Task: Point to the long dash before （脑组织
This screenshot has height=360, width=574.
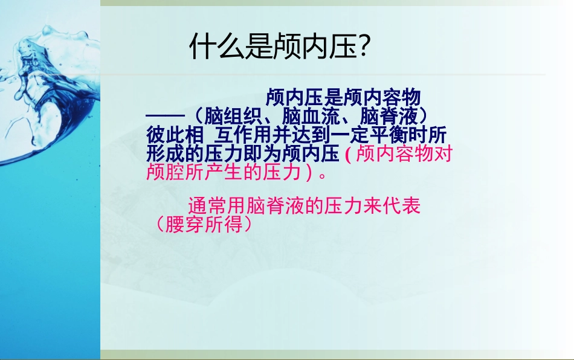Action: [x=164, y=115]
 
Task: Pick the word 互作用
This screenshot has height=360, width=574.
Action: [x=243, y=134]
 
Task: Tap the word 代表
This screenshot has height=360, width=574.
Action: [x=401, y=206]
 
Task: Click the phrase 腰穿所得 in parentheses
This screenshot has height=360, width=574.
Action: [x=204, y=225]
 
